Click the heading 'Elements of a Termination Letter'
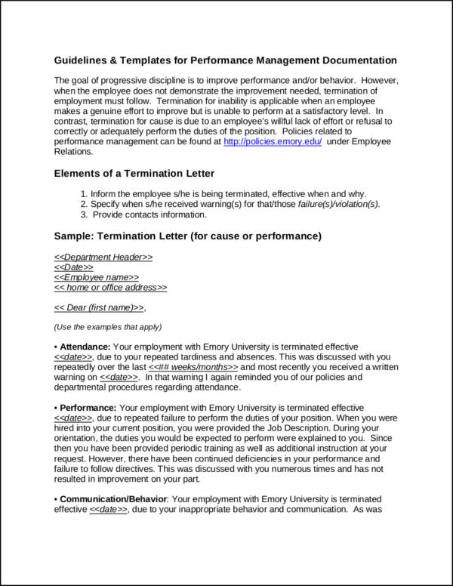click(x=134, y=174)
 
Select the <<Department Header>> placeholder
click(x=103, y=257)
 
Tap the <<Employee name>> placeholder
click(x=97, y=277)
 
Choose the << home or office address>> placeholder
click(x=110, y=288)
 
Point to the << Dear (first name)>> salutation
click(x=99, y=307)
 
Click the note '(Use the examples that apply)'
click(x=108, y=327)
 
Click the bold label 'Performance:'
click(x=88, y=408)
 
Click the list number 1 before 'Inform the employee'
click(x=84, y=193)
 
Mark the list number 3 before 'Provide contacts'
click(x=84, y=214)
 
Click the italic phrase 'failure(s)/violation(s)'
click(x=337, y=204)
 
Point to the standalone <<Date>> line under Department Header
click(x=74, y=267)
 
